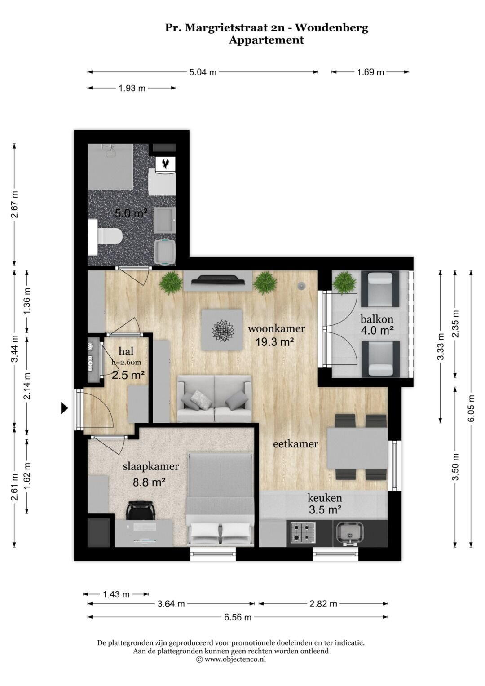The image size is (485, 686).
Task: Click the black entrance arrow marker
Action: (64, 408)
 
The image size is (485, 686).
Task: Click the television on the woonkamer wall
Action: (218, 280)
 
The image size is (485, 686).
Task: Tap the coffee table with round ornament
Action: (222, 330)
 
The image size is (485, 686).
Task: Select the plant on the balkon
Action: (345, 283)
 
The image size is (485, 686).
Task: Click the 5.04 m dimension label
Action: (203, 72)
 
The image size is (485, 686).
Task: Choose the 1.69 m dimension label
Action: (370, 72)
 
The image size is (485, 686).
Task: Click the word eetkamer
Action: (295, 444)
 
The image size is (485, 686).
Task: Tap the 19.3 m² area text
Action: (275, 341)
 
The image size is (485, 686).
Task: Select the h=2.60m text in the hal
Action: (127, 362)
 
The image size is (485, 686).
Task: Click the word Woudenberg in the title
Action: (331, 28)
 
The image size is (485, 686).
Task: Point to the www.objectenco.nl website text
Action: (235, 659)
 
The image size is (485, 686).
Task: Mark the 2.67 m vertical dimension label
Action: (14, 204)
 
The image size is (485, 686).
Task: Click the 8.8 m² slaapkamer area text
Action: (149, 482)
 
